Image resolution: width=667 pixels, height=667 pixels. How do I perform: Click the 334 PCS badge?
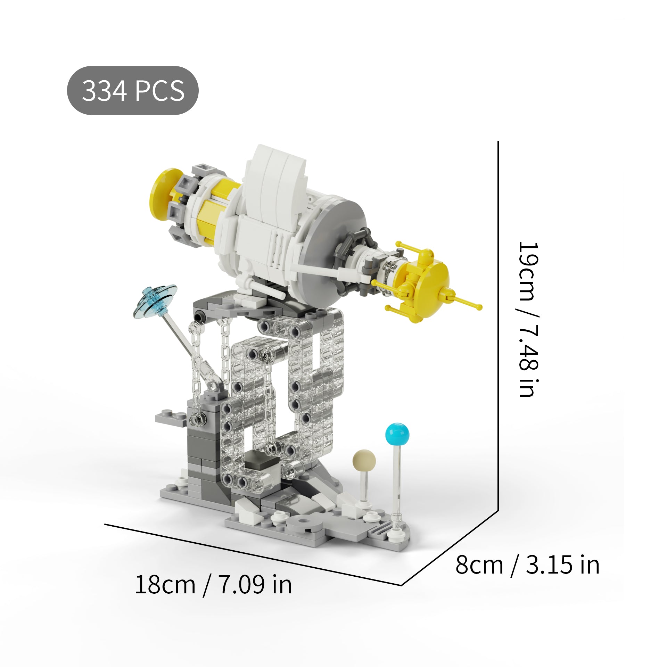[x=132, y=90]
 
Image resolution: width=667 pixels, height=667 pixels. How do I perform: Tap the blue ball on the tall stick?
[x=397, y=435]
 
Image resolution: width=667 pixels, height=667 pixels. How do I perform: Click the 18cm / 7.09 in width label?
[x=213, y=585]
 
